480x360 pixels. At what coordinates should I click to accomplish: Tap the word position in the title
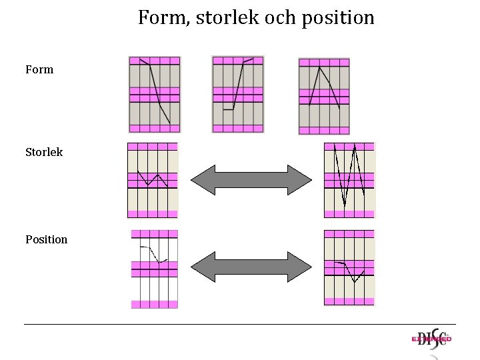coord(339,18)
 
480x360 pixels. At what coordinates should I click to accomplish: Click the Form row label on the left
coord(39,69)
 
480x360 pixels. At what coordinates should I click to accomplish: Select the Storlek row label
coord(44,152)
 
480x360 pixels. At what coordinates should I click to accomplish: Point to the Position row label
coord(46,239)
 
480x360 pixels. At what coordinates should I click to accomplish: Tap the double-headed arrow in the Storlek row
coord(251,179)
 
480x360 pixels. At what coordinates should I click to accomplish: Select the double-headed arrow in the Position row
coord(251,267)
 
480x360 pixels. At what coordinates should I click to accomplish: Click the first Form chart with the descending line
coord(155,95)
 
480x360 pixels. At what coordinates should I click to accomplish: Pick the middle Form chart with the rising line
coord(238,94)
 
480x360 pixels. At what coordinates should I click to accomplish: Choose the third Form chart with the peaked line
coord(324,97)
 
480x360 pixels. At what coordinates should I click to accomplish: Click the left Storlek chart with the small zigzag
coord(153,180)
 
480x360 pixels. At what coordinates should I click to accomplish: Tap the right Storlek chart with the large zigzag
coord(349,180)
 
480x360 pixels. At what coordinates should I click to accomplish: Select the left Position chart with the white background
coord(155,269)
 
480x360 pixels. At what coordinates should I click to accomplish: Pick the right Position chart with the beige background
coord(349,267)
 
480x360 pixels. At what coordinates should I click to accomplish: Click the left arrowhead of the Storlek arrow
coord(199,179)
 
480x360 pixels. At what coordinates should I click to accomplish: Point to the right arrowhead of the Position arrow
coord(303,267)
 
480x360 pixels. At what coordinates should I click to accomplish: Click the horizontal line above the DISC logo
coord(240,325)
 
